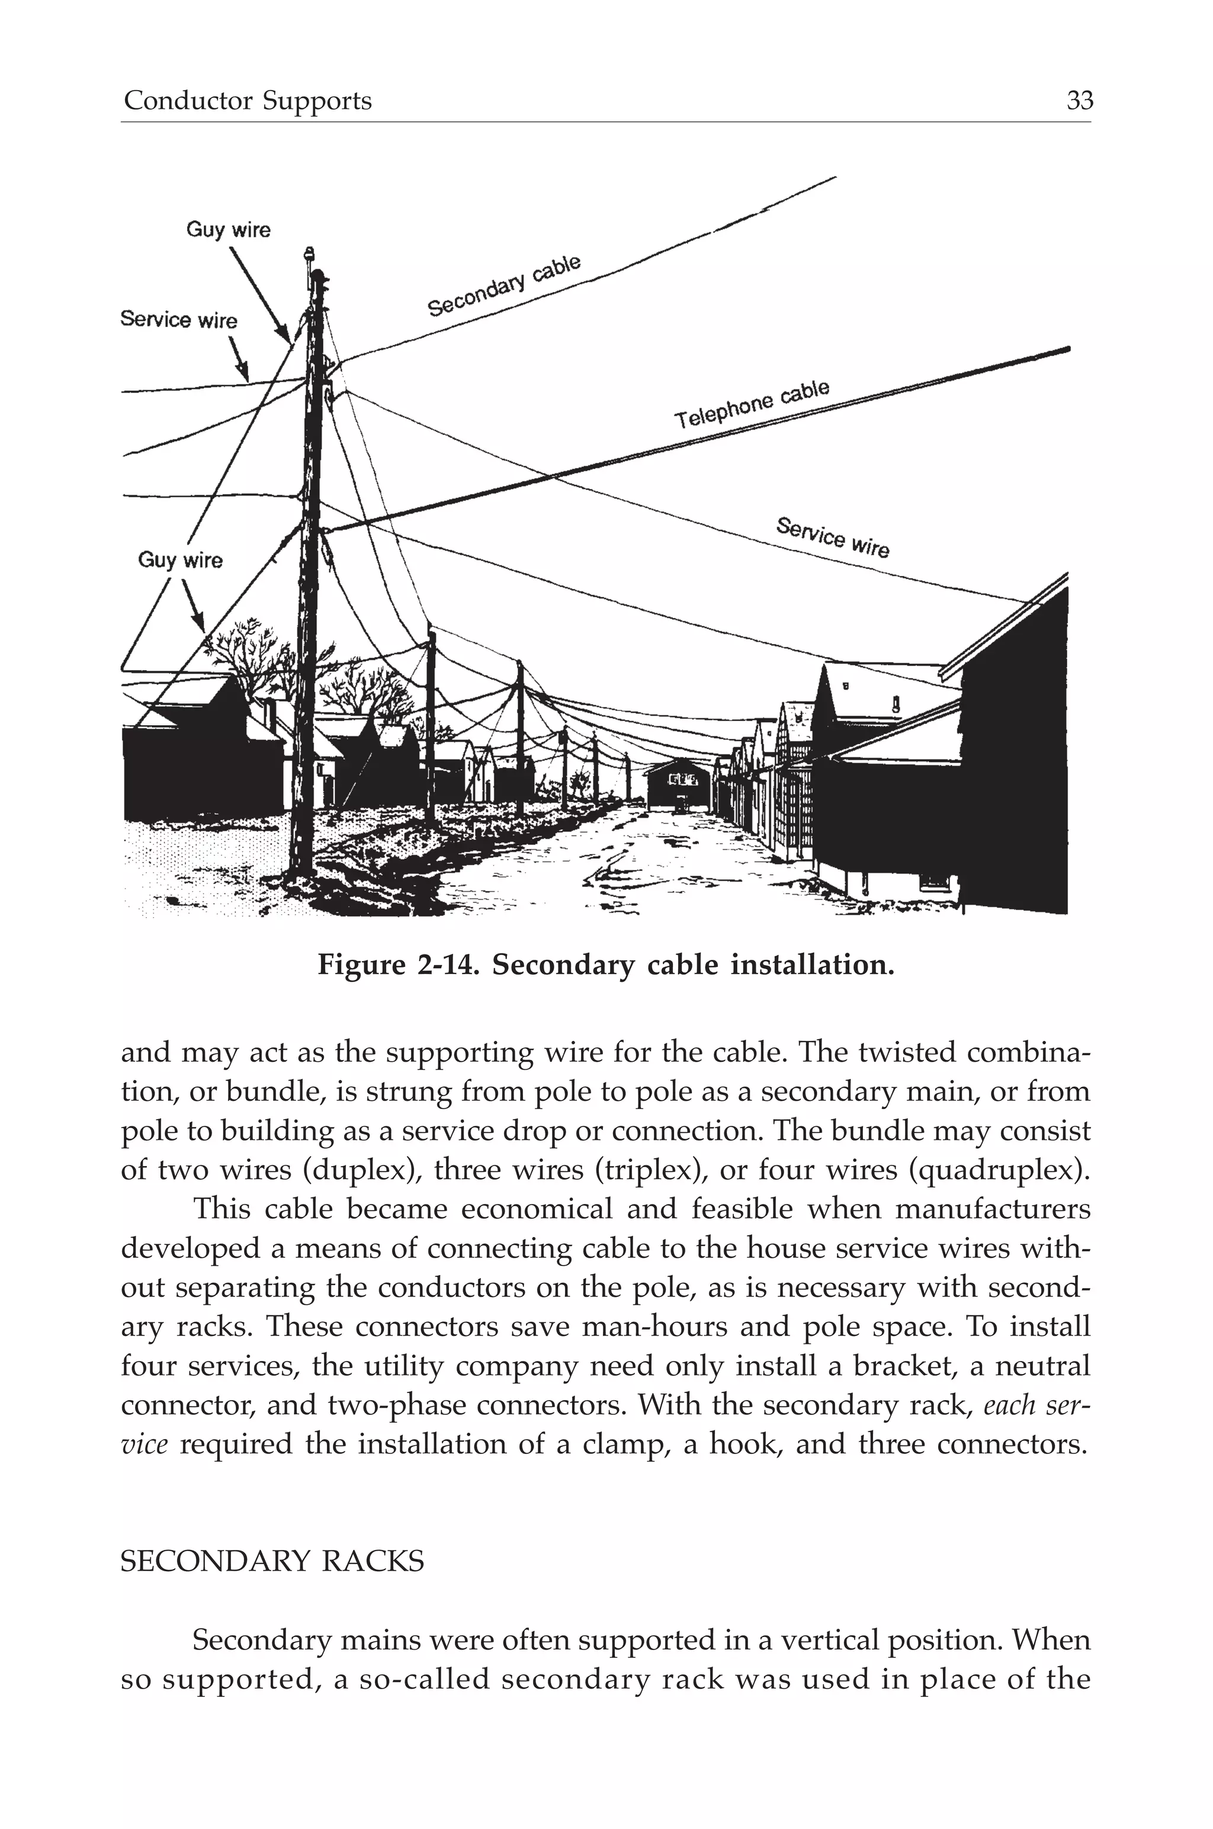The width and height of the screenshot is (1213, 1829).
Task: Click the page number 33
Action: point(1079,101)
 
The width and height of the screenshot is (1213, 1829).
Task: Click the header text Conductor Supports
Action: point(248,101)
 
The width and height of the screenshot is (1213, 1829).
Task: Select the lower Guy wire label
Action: point(179,560)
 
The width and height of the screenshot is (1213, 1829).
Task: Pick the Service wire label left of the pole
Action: point(179,319)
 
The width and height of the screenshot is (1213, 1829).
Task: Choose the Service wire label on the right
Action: point(832,536)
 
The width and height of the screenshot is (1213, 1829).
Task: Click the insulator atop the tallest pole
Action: point(309,255)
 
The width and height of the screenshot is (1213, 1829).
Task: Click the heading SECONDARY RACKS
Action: point(272,1561)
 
